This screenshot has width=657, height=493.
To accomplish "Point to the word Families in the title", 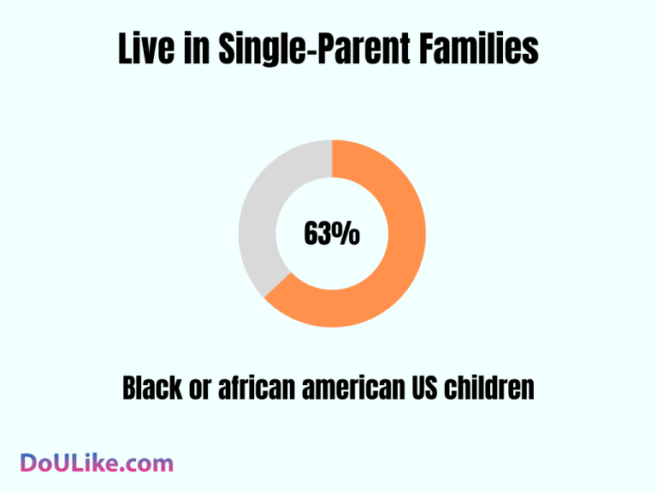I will point(477,50).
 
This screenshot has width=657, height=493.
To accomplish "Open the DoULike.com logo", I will point(96,463).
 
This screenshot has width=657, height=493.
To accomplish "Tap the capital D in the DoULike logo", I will point(29,463).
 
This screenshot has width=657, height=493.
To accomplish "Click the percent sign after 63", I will point(348,234).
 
